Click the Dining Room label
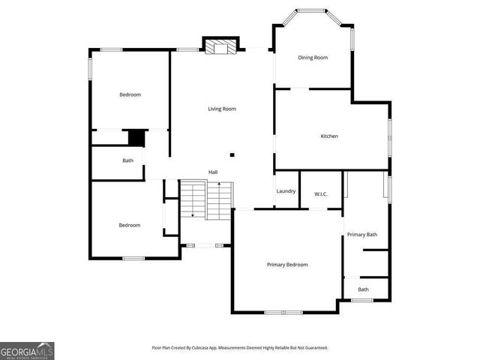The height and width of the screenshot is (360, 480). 313,58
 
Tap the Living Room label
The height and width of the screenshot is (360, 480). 222,109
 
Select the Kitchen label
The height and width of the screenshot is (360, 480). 329,136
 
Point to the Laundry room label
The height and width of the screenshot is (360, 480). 286,191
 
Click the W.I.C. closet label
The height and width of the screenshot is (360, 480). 320,194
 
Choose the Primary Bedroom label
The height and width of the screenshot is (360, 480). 288,264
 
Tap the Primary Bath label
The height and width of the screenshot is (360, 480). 362,235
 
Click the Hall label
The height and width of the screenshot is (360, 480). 213,172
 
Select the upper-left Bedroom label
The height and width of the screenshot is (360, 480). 130,94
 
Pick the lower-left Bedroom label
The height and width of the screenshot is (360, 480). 130,225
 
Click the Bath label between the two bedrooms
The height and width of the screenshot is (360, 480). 128,160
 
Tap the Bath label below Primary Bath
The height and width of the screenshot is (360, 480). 363,289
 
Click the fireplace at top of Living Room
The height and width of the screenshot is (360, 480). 220,47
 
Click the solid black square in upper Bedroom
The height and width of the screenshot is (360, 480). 136,139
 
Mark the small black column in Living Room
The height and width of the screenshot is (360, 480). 232,155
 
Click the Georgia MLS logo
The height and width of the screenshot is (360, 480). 27,350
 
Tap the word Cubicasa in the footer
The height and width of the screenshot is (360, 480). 202,348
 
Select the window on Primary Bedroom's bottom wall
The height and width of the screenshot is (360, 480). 283,312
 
